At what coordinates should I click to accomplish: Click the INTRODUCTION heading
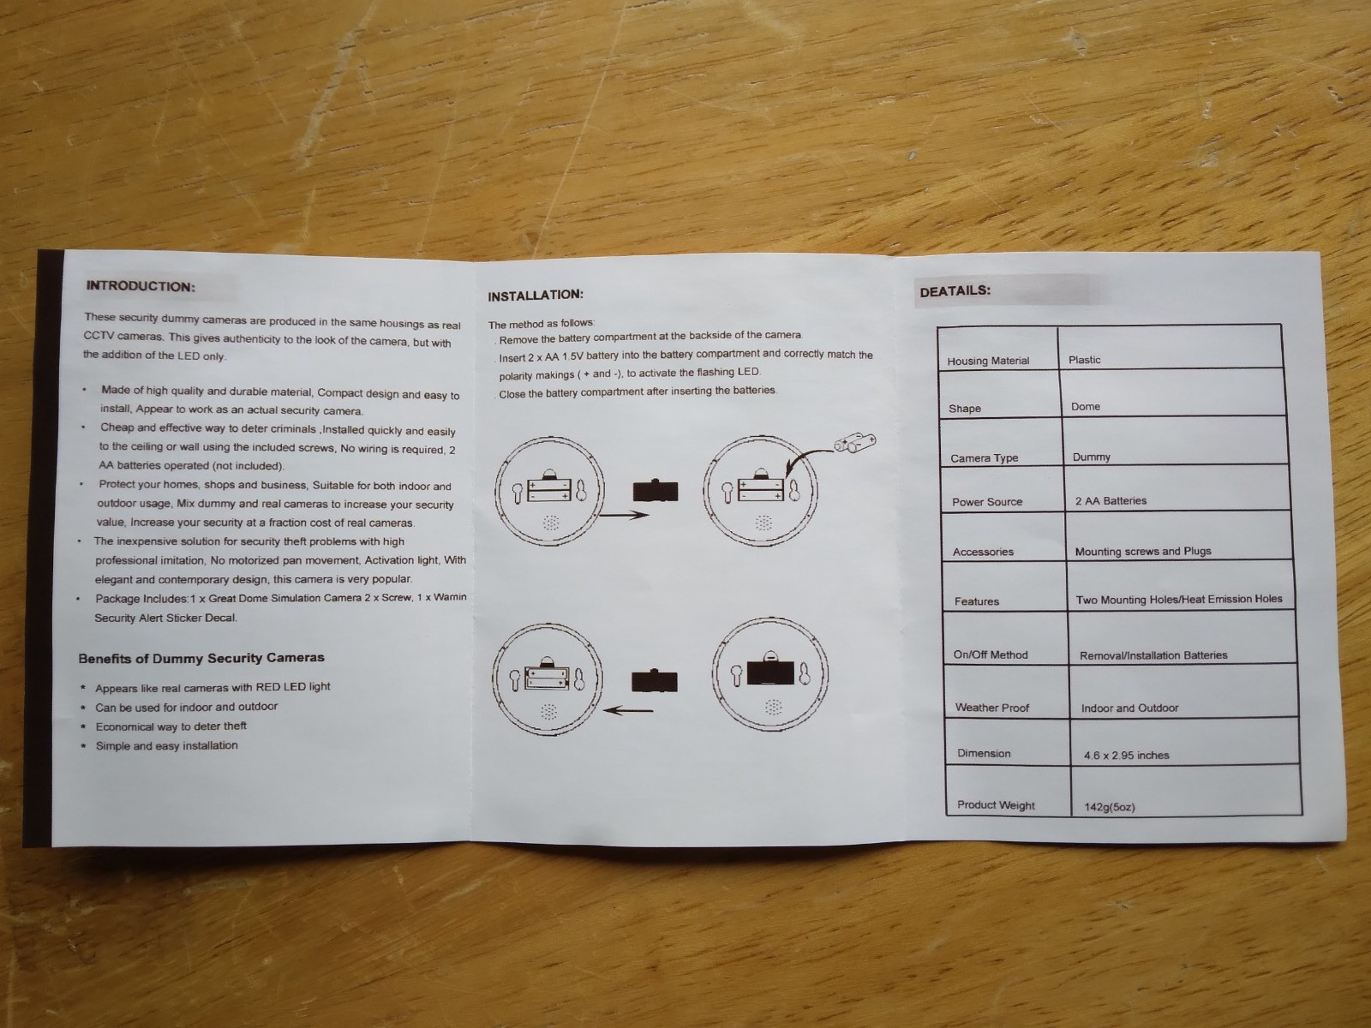click(x=141, y=286)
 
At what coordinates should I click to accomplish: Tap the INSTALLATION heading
click(x=536, y=296)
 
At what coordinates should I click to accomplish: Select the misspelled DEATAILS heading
click(x=955, y=291)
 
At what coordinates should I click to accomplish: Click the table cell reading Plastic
click(x=1084, y=360)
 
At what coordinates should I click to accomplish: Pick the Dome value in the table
click(x=1086, y=407)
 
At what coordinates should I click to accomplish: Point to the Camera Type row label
click(x=984, y=458)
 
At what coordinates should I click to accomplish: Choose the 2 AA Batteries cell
click(x=1111, y=501)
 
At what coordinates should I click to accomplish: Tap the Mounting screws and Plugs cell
click(x=1143, y=552)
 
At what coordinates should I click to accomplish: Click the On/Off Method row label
click(x=990, y=655)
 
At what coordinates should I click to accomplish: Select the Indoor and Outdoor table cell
click(x=1129, y=708)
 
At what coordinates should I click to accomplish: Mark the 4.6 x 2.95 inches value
click(x=1126, y=756)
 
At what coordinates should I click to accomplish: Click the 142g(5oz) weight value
click(x=1109, y=807)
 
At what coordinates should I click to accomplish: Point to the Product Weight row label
click(x=996, y=805)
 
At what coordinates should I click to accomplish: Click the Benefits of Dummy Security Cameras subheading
click(x=201, y=659)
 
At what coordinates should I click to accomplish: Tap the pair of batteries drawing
click(x=855, y=444)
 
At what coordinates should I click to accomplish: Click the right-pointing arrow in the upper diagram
click(x=622, y=515)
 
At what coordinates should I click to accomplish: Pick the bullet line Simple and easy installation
click(x=166, y=746)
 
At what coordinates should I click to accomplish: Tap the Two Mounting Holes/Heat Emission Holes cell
click(x=1179, y=600)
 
